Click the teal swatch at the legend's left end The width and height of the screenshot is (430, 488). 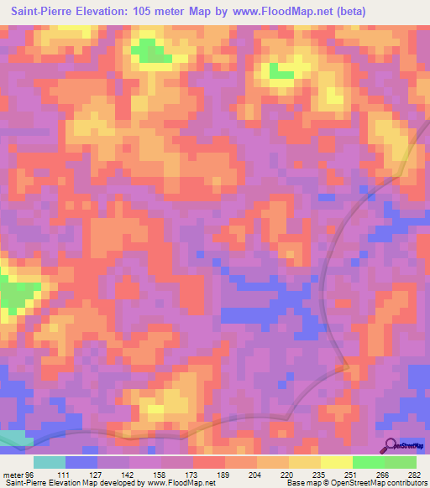(50, 462)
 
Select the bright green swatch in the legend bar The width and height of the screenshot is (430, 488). (369, 462)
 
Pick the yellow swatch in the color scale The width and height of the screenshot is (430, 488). (337, 462)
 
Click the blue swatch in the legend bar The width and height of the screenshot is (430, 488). (81, 462)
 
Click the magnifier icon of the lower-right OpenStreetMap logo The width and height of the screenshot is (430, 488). (391, 444)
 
